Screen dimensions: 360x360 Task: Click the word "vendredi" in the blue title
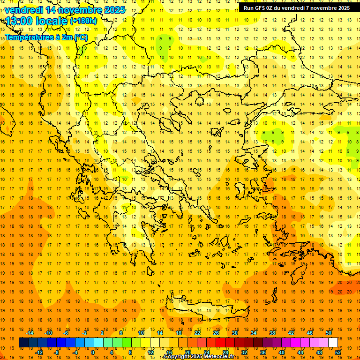point(24,10)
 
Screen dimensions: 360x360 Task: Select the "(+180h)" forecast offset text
point(83,21)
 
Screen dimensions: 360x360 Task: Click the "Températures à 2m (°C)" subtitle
point(46,37)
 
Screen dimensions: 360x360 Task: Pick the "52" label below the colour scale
point(338,352)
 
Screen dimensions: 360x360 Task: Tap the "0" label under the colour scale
point(93,352)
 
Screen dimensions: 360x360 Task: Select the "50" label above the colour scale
point(329,333)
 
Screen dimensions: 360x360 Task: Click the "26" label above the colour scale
point(216,333)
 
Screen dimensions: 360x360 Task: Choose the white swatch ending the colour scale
point(333,343)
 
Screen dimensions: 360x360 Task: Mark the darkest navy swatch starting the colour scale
point(23,343)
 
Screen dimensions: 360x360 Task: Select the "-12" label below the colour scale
point(38,352)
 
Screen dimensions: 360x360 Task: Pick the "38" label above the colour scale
point(272,333)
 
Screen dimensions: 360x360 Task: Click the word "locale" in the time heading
point(52,21)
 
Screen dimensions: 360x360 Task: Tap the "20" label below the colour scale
point(187,352)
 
